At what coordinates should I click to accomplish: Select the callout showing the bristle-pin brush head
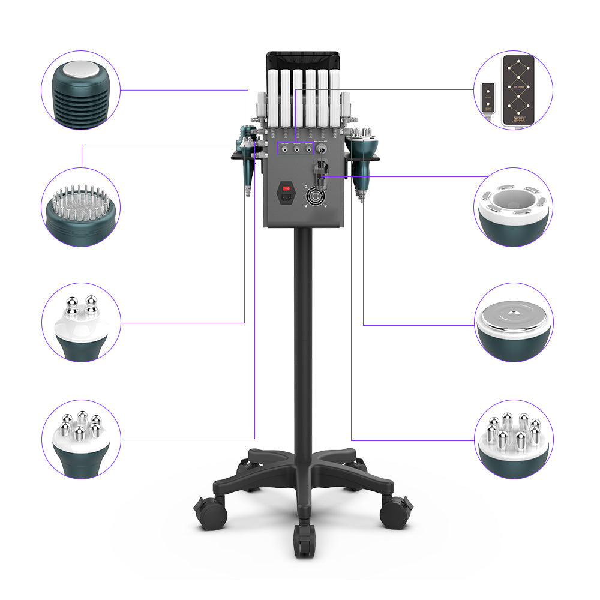pyautogui.click(x=81, y=208)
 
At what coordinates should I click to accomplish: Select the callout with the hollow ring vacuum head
pyautogui.click(x=513, y=208)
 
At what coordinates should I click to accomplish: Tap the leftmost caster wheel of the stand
pyautogui.click(x=210, y=513)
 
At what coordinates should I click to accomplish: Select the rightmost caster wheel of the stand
pyautogui.click(x=396, y=513)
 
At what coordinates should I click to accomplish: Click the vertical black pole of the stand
pyautogui.click(x=304, y=336)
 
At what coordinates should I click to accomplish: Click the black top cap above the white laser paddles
pyautogui.click(x=303, y=60)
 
